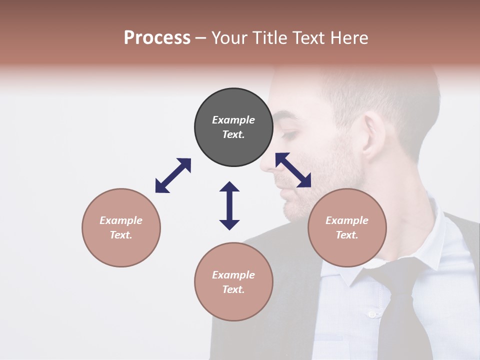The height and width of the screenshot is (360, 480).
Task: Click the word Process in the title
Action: coord(157,38)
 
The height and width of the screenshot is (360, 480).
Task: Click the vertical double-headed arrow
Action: coord(229,205)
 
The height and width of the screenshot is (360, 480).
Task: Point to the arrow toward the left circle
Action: coord(173,175)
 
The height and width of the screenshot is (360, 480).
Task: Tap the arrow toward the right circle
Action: coord(293,170)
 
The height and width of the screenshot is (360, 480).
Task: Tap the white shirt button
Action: coord(371,314)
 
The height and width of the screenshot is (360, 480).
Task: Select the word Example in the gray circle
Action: coord(233,120)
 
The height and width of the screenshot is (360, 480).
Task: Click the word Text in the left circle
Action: coord(121,235)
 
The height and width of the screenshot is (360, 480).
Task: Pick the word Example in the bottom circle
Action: coord(233,275)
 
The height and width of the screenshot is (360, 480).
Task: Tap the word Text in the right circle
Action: coord(347,235)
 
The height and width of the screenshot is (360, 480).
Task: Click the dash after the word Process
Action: coord(201,38)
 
